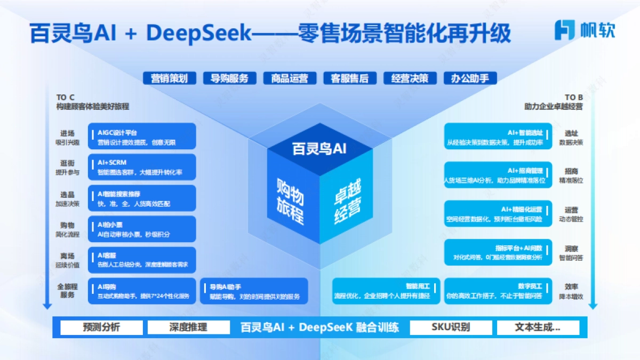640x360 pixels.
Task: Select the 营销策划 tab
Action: [169, 78]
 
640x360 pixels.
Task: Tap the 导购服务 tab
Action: [229, 78]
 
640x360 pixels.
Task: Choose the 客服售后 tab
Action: [350, 78]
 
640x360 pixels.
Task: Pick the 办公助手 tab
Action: [470, 78]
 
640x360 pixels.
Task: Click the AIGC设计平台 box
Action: [142, 137]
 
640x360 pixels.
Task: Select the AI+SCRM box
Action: [142, 167]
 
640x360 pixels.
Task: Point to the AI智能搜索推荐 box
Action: [142, 198]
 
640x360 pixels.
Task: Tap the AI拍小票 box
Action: [142, 229]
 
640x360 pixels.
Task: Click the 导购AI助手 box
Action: [254, 291]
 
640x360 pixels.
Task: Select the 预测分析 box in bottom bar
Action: [101, 327]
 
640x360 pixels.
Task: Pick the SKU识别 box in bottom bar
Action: [451, 327]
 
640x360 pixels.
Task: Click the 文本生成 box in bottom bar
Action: [538, 327]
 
